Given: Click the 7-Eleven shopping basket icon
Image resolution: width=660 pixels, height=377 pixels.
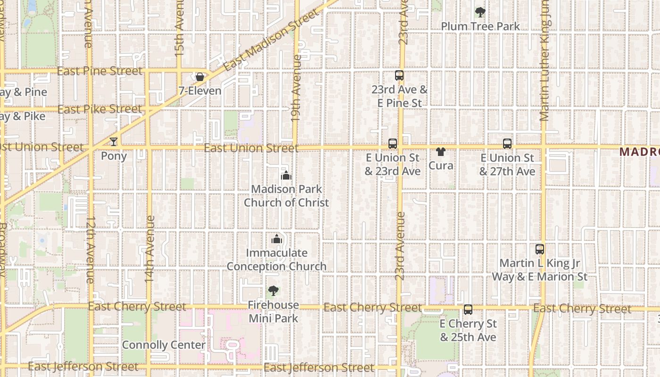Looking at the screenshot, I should click(x=200, y=77).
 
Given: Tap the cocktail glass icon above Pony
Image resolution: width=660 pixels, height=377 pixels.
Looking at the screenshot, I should click(x=113, y=141).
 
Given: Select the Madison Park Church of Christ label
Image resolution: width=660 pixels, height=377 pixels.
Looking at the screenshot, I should click(x=286, y=196).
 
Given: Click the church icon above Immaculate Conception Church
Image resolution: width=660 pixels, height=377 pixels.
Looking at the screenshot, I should click(x=277, y=239).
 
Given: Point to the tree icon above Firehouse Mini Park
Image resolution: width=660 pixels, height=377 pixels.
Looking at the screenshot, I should click(x=273, y=291).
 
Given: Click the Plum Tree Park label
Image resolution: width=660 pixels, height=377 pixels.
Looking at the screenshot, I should click(x=480, y=26).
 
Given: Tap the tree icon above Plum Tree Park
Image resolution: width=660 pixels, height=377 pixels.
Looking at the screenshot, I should click(x=480, y=12).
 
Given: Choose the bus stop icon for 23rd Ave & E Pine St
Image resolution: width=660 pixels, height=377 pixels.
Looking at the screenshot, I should click(x=399, y=75).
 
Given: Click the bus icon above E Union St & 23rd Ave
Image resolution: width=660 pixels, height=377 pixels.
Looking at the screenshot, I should click(x=393, y=144).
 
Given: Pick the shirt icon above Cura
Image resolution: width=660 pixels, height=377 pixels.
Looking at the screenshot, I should click(x=441, y=152).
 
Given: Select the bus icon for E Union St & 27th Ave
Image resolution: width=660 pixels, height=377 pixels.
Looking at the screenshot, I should click(x=507, y=144).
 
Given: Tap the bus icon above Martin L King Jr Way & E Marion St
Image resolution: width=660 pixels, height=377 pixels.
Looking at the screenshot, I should click(x=540, y=249).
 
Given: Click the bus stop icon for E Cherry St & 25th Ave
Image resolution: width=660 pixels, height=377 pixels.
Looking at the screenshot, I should click(x=468, y=310).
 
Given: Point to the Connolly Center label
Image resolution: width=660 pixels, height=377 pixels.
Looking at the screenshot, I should click(x=164, y=345).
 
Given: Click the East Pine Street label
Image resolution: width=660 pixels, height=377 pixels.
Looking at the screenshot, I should click(x=99, y=71).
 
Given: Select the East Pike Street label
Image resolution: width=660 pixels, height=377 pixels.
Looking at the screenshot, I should click(x=99, y=109).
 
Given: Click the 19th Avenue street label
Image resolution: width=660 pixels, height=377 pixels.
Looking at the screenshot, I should click(x=296, y=89).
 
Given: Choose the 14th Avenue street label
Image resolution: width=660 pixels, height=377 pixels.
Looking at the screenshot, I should click(x=150, y=249).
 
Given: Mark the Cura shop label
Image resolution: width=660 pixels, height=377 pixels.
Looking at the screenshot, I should click(x=441, y=165).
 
